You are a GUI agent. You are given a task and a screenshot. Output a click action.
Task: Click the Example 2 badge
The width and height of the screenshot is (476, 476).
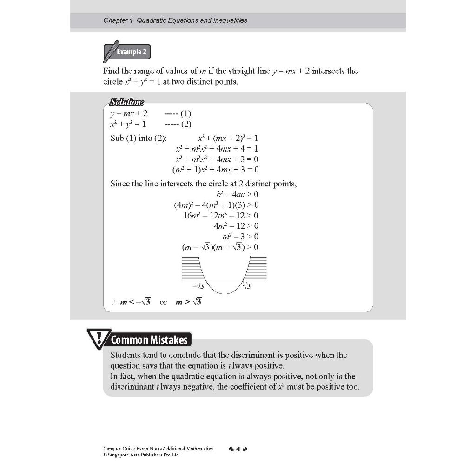coord(127,52)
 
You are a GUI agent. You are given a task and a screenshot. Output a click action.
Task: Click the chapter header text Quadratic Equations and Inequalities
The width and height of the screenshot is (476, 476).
coord(175,20)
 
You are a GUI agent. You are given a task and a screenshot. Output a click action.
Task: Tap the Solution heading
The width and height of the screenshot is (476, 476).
coord(127,102)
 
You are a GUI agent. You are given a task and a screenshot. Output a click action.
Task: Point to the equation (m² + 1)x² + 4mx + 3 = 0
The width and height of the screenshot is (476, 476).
coord(215,170)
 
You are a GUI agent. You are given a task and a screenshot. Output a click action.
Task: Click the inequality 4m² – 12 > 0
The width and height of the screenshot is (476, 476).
coord(236,226)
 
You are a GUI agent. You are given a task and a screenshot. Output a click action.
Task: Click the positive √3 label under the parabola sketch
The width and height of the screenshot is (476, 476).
coord(246,286)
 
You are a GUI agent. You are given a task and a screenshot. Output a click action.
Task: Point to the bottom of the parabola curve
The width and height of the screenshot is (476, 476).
coord(223,293)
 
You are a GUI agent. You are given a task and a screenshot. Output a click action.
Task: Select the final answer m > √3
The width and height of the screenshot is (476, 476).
coord(188,302)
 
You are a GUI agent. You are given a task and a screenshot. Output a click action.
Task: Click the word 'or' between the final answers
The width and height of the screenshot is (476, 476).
coord(163,302)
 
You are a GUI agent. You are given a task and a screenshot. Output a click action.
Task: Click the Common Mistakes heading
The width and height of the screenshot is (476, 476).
coord(149,340)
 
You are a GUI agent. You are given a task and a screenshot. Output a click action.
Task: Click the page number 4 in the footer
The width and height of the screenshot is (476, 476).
coord(238,449)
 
